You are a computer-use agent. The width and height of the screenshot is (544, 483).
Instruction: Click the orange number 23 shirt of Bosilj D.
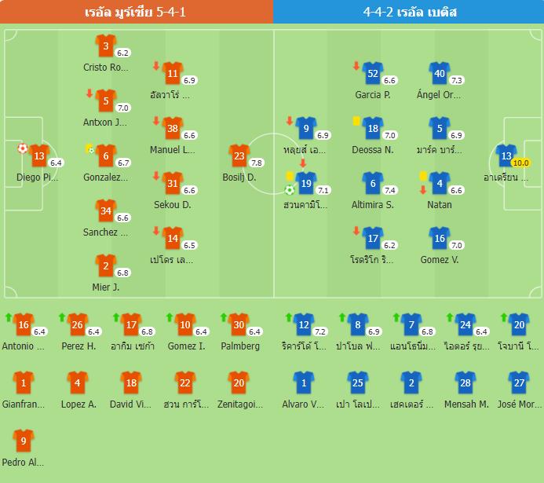point(239,156)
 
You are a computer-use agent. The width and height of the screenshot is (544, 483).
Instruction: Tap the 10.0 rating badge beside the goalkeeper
point(520,163)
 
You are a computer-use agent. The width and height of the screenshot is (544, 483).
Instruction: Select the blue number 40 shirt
point(440,74)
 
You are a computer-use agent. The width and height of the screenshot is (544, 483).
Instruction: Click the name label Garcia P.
point(373,95)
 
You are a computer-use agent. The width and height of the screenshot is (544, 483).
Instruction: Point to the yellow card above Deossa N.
point(356,121)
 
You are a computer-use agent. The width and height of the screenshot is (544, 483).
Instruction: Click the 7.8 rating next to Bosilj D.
point(256,163)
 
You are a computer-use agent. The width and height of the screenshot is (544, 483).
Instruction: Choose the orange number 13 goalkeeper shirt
point(39,156)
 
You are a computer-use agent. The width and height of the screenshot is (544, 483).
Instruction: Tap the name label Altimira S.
point(373,205)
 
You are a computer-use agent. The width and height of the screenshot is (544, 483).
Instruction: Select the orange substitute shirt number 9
point(24,441)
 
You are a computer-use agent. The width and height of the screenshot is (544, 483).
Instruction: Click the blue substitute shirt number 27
point(518,383)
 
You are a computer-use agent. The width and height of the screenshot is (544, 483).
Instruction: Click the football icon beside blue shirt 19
point(290,189)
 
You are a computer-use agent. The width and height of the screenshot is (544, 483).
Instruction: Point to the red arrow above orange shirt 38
point(156,121)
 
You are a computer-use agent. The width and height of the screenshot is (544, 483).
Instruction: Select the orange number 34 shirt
point(106,211)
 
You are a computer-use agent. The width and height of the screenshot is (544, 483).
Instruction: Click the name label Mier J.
point(106,287)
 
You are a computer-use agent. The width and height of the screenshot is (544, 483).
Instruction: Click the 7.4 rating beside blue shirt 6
point(389,190)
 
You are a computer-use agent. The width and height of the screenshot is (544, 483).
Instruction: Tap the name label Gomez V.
point(440,260)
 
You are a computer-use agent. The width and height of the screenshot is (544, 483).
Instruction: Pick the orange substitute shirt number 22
point(184,383)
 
